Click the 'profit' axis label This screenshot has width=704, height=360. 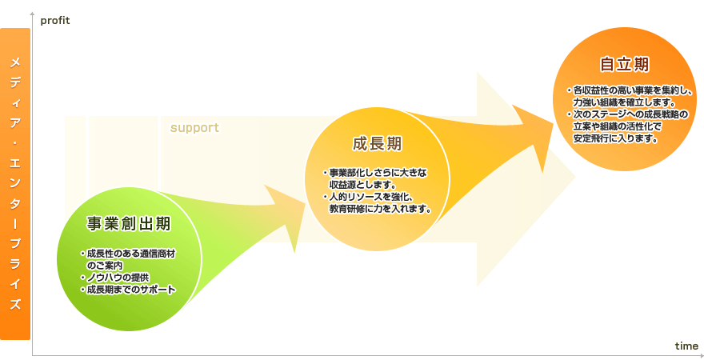click(55, 21)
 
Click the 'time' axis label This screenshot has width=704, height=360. click(686, 346)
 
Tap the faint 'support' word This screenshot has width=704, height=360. click(194, 128)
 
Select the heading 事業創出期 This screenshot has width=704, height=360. click(129, 223)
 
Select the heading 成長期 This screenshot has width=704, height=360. click(377, 144)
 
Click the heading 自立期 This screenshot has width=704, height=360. click(625, 64)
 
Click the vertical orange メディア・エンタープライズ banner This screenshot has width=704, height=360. click(15, 184)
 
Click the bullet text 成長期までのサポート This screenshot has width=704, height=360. click(129, 290)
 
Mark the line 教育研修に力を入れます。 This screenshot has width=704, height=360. click(380, 209)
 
